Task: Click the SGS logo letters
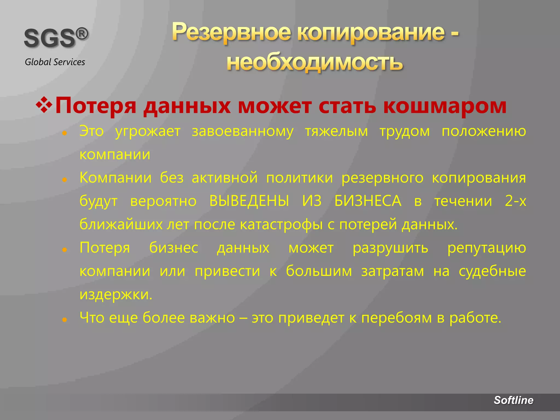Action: (49, 39)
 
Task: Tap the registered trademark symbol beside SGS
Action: (82, 34)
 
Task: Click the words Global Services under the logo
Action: (55, 62)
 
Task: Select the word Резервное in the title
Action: (231, 32)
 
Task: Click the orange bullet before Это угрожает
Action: (65, 133)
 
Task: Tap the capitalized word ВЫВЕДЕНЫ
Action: (249, 201)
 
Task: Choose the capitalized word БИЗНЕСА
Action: (368, 201)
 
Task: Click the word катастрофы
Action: (281, 224)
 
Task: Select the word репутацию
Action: (486, 248)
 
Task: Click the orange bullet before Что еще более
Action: (65, 319)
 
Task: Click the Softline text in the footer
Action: (513, 400)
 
